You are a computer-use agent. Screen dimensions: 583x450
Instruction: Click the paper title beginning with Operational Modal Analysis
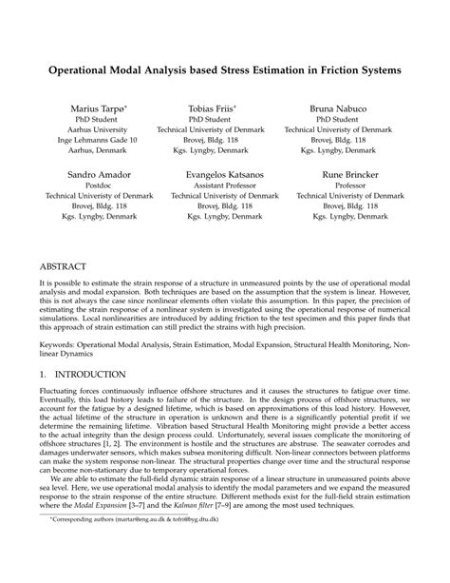coord(225,70)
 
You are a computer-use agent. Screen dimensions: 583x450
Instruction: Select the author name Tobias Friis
coord(210,109)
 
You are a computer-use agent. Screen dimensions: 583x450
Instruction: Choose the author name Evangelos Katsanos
coord(210,177)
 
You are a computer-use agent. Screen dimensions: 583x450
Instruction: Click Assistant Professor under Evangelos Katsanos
coord(210,187)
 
